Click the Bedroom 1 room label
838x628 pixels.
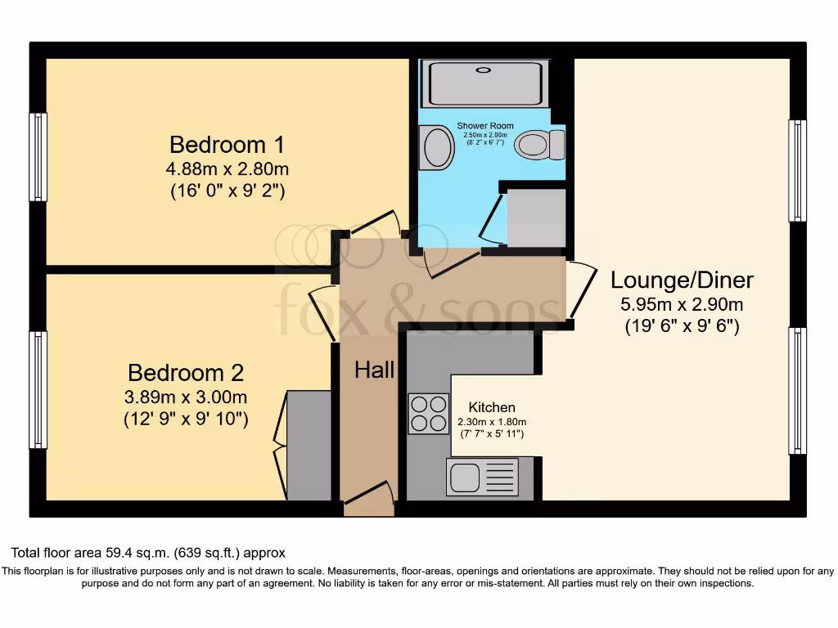point(227,146)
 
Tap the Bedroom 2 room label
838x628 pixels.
point(186,374)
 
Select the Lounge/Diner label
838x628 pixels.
point(682,281)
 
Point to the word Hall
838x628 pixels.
point(374,370)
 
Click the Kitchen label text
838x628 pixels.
point(492,407)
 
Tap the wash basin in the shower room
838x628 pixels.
point(437,147)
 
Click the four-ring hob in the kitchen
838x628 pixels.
point(428,413)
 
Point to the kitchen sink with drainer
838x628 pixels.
point(482,477)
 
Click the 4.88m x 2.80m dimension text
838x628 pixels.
point(227,170)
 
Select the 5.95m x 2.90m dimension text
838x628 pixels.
point(682,306)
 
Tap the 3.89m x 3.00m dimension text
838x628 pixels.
point(186,397)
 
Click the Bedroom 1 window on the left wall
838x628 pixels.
point(38,156)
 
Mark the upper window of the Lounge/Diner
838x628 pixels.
point(797,170)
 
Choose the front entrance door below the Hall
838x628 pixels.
point(368,498)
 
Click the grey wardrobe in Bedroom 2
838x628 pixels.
point(309,445)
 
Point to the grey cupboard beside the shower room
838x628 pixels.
point(536,218)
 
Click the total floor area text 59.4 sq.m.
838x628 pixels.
point(147,553)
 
